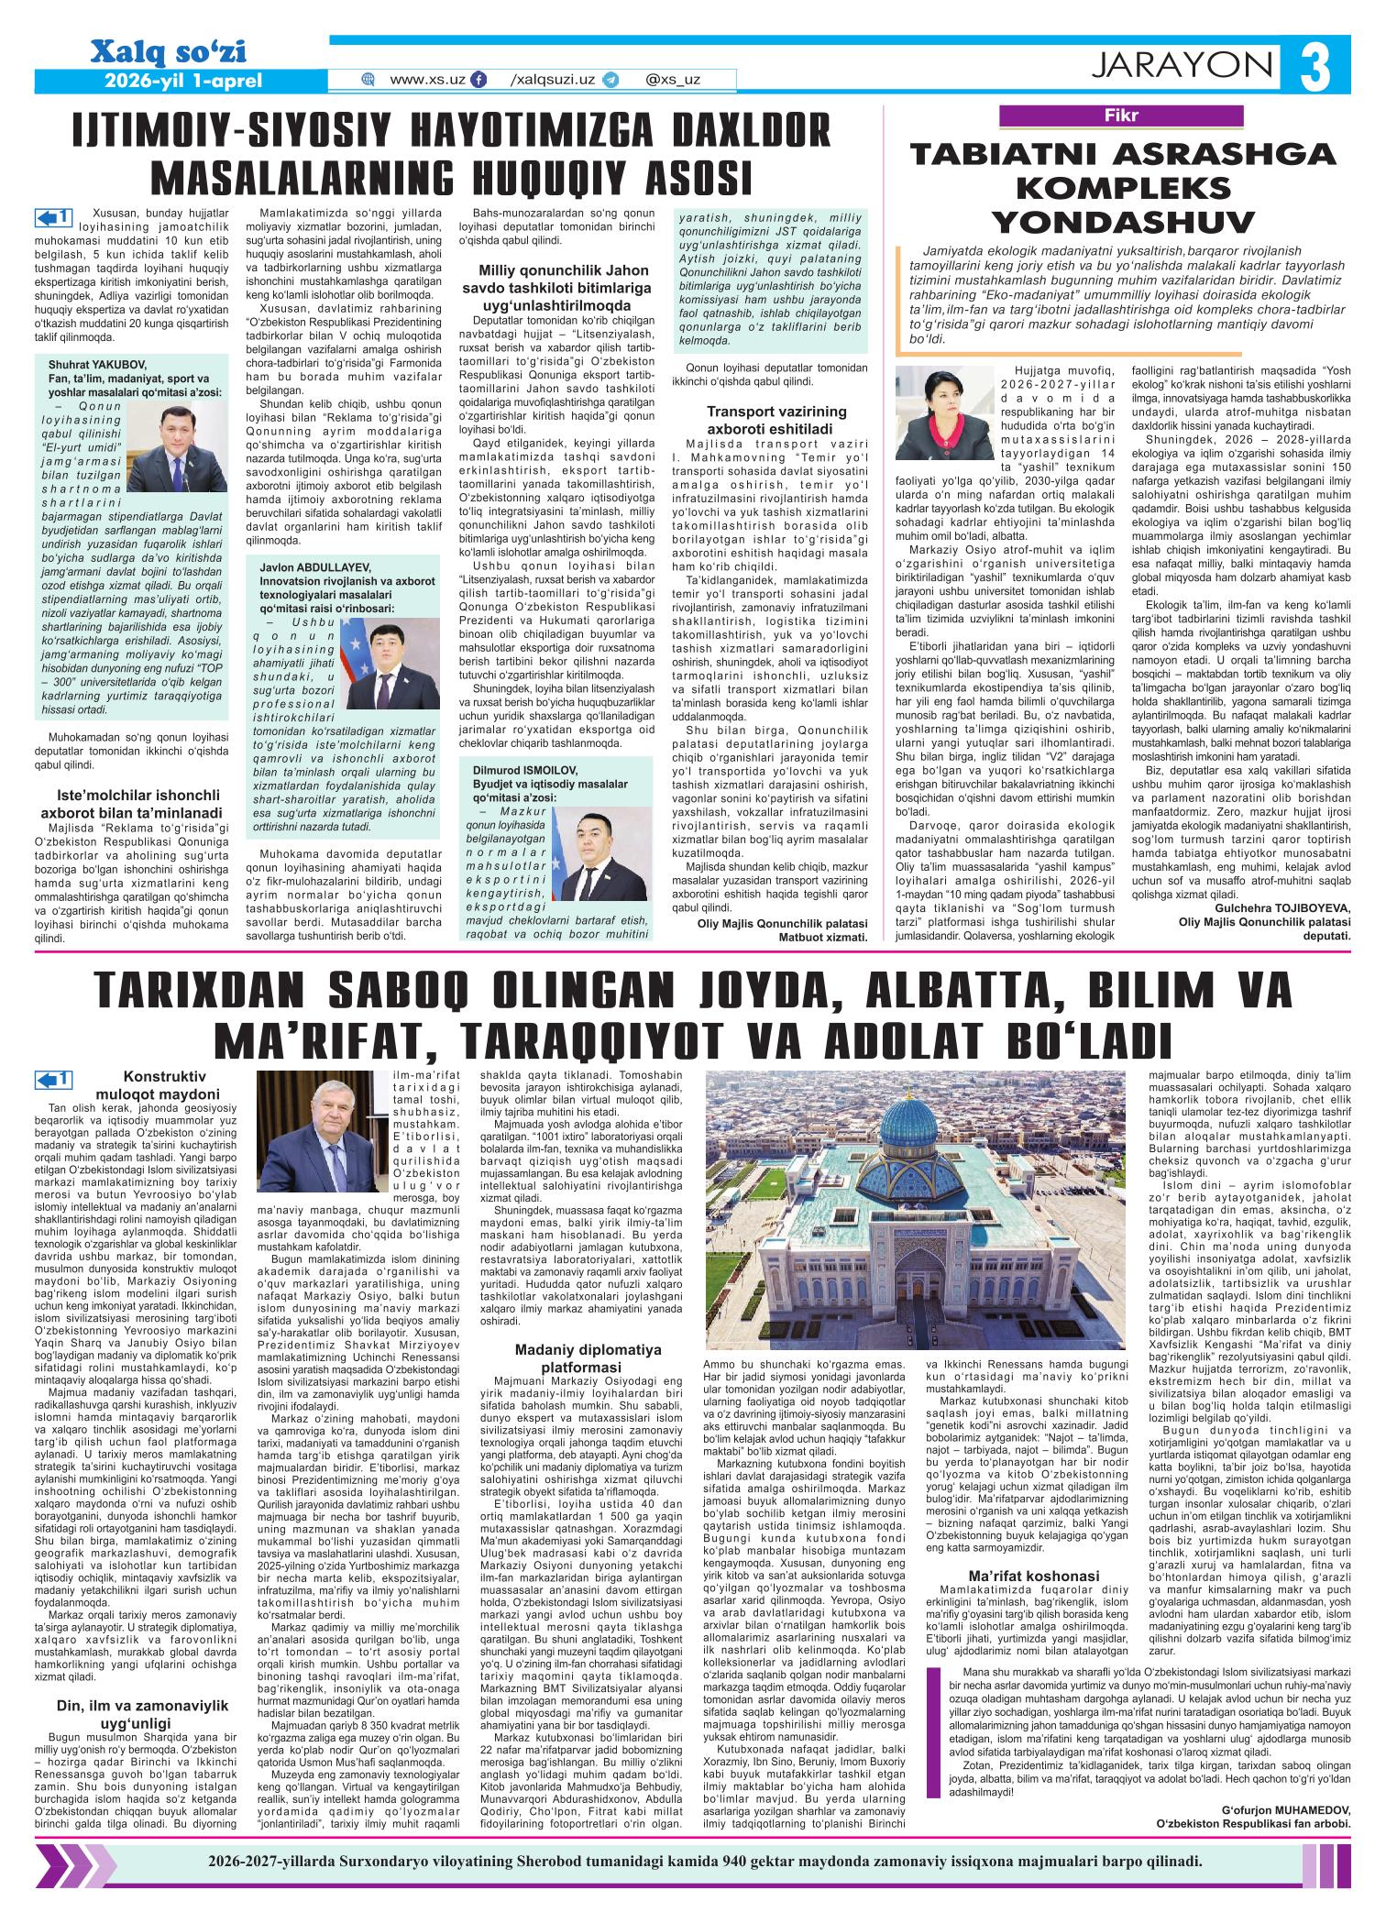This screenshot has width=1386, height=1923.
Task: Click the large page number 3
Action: (1318, 68)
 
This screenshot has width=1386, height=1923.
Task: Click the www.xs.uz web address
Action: (426, 80)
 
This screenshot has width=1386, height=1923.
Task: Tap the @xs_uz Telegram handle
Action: (673, 80)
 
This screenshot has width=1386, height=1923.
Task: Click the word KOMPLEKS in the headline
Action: (1124, 188)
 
